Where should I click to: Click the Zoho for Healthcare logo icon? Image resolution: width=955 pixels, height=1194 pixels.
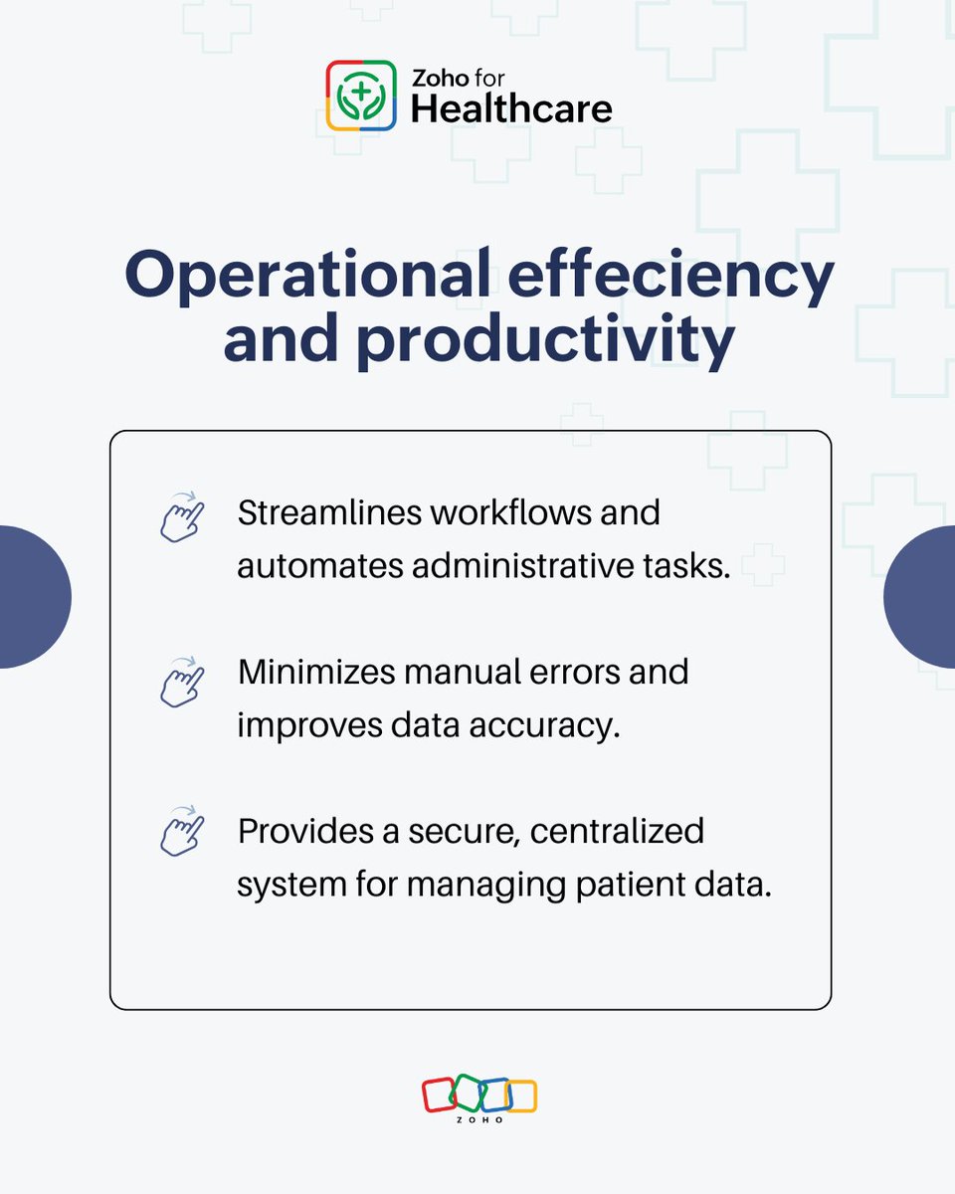(362, 97)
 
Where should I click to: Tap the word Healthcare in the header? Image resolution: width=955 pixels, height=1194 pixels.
(511, 108)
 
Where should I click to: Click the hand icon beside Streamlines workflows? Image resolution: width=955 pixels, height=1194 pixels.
(182, 517)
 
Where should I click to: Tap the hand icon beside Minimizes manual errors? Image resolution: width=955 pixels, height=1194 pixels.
(182, 683)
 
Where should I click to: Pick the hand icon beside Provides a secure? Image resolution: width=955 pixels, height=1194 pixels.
(182, 832)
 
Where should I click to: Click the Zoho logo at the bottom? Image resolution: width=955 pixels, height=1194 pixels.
(478, 1097)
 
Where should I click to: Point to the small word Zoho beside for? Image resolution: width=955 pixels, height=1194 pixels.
(436, 78)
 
